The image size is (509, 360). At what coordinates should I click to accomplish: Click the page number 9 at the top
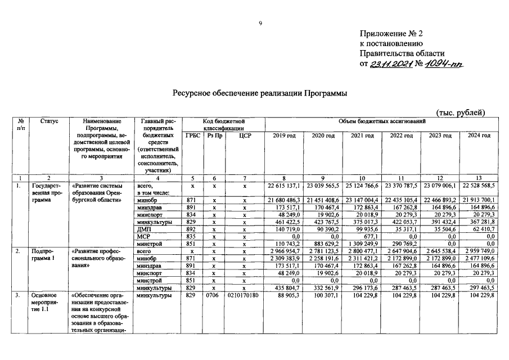click(x=260, y=22)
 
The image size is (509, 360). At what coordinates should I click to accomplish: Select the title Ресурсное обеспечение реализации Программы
click(x=259, y=92)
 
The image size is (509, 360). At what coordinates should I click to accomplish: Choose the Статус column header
click(x=48, y=121)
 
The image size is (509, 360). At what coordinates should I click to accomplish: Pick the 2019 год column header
click(x=283, y=136)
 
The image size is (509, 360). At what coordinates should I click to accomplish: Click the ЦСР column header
click(x=244, y=136)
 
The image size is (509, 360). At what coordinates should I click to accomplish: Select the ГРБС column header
click(x=192, y=136)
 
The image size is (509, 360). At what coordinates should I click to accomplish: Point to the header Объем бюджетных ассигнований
click(x=381, y=121)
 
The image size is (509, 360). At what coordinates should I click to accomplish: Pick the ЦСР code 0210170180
click(x=244, y=296)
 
